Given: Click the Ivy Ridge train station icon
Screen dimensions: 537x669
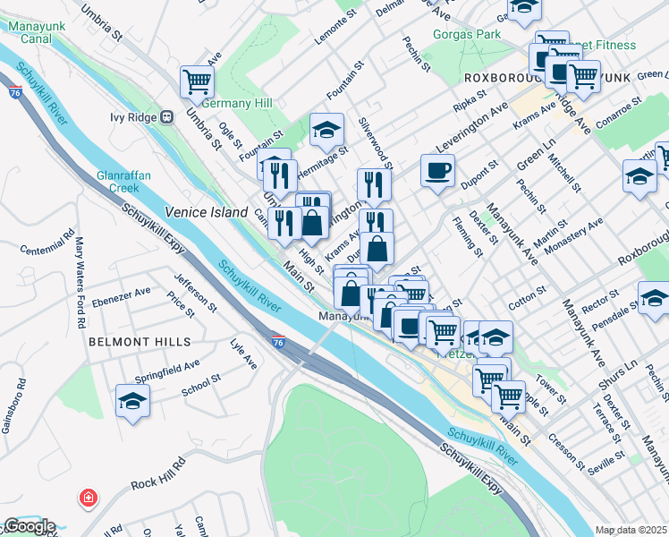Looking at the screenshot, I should click(166, 117).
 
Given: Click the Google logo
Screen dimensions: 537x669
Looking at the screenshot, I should click(30, 526).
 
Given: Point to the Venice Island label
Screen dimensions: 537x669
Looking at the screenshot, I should click(205, 212).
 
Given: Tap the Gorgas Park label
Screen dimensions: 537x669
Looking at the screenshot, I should click(465, 35).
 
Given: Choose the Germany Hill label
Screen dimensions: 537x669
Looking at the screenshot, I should click(237, 104).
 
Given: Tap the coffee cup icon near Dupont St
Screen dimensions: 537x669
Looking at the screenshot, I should click(437, 170).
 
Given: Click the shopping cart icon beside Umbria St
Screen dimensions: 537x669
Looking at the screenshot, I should click(197, 81).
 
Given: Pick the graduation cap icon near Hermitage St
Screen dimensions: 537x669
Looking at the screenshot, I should click(326, 130).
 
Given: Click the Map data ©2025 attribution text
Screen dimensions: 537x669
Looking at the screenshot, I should click(631, 530).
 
